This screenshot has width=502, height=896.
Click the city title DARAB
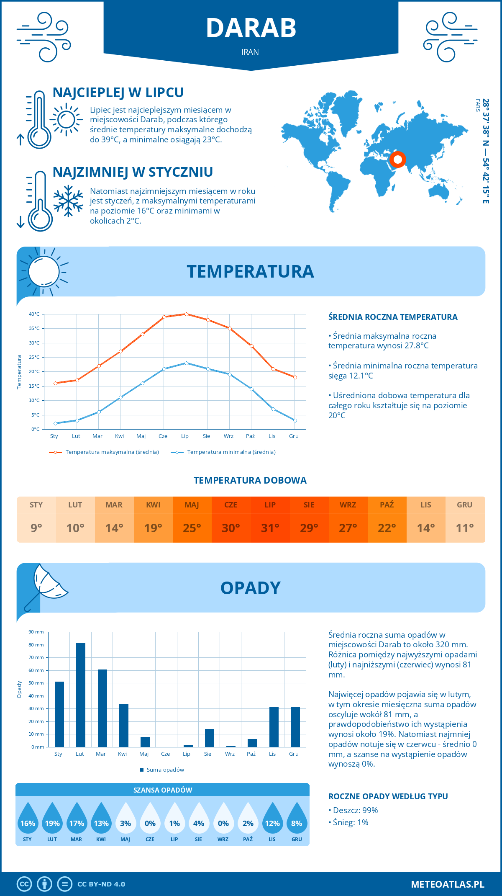pyautogui.click(x=251, y=28)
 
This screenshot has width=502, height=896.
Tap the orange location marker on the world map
pyautogui.click(x=397, y=160)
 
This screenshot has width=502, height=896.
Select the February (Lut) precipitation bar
pyautogui.click(x=80, y=695)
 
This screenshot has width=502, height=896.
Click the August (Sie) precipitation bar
pyautogui.click(x=209, y=738)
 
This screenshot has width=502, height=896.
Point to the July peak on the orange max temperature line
pyautogui.click(x=186, y=314)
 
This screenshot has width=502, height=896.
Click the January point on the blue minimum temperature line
pyautogui.click(x=55, y=423)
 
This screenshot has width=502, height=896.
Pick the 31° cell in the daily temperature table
pyautogui.click(x=270, y=528)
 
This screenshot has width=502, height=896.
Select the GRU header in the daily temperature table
pyautogui.click(x=464, y=505)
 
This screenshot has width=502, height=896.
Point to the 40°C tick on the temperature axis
pyautogui.click(x=34, y=314)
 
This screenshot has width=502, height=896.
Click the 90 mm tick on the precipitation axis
pyautogui.click(x=36, y=632)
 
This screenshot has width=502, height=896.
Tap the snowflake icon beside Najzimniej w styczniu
pyautogui.click(x=68, y=201)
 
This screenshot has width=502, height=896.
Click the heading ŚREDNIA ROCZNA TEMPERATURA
pyautogui.click(x=393, y=317)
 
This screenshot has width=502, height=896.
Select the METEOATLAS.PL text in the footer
pyautogui.click(x=447, y=884)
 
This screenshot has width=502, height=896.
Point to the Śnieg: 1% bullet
pyautogui.click(x=350, y=822)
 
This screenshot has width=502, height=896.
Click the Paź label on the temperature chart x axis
pyautogui.click(x=250, y=436)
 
